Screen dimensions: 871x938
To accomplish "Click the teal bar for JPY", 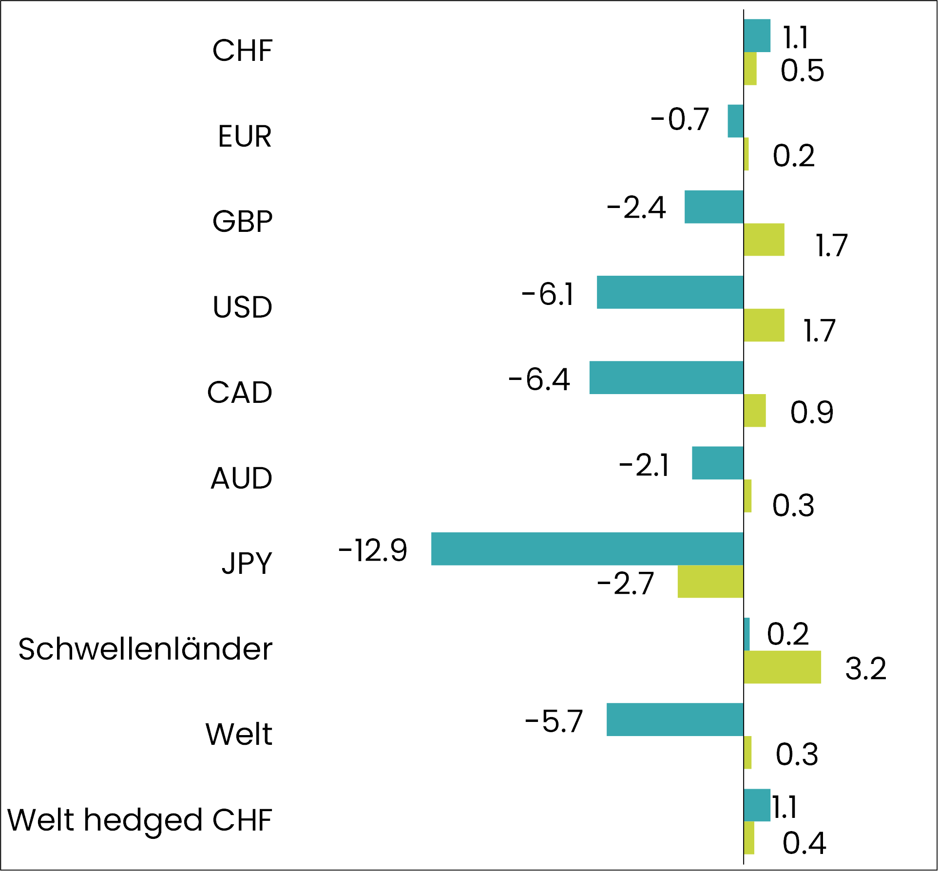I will [x=587, y=549].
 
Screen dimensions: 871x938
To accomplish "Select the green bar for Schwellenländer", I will [x=782, y=667].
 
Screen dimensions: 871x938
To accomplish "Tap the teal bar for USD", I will [x=670, y=292].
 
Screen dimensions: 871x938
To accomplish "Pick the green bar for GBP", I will [x=764, y=240].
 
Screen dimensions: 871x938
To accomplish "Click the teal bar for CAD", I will [x=666, y=378].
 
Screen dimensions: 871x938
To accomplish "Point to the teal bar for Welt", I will [x=675, y=720].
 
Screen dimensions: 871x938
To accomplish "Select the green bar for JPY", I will [x=710, y=582].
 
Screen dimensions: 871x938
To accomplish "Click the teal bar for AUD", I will [x=717, y=463].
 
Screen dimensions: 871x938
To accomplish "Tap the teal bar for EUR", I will [x=735, y=121].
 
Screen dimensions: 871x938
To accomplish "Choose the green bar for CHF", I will [x=750, y=69].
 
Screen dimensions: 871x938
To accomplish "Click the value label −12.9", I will [x=373, y=551].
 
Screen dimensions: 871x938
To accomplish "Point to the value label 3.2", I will [x=865, y=668].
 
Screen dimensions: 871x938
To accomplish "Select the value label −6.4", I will [x=539, y=379].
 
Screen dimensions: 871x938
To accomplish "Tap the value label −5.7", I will [x=554, y=721].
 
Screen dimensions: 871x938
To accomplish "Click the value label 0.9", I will [x=812, y=413].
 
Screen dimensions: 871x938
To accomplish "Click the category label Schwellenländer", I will [x=145, y=649].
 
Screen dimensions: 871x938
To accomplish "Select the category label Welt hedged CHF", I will [x=140, y=820].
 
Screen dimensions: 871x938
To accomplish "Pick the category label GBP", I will [x=242, y=222].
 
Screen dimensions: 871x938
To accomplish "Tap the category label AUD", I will [x=241, y=478].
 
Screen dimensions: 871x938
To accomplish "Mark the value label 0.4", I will [x=804, y=843].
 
